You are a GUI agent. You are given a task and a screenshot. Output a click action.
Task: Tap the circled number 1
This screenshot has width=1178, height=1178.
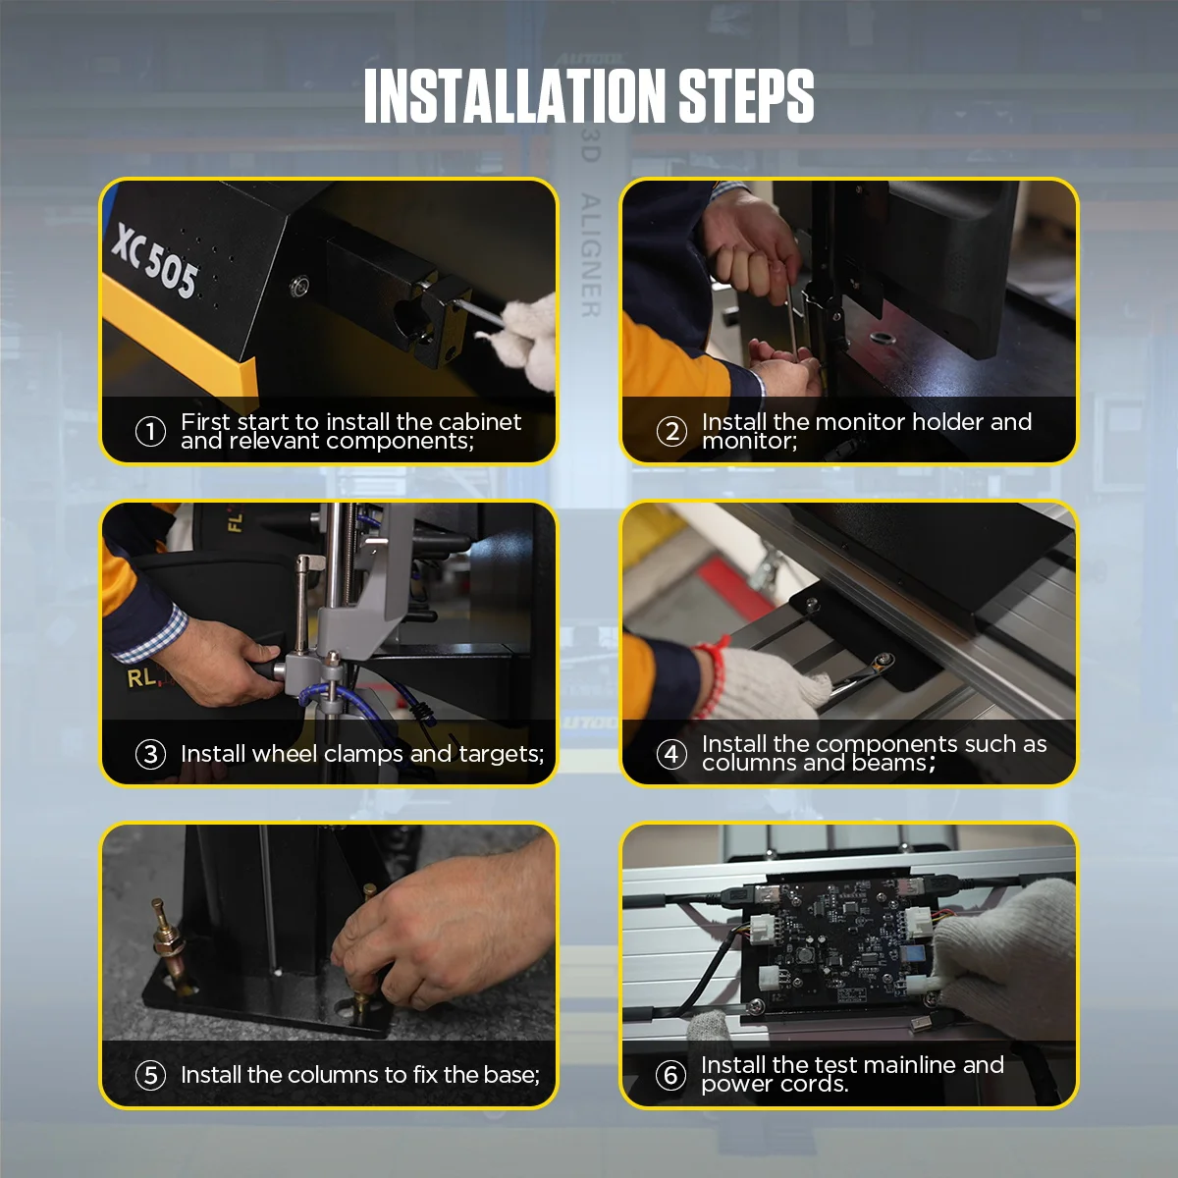[150, 431]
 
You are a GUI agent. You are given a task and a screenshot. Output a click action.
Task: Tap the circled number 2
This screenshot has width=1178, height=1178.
[671, 431]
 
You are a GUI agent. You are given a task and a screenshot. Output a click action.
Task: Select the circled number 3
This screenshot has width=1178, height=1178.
[150, 754]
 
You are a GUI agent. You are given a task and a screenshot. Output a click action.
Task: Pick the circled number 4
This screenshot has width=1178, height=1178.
[671, 754]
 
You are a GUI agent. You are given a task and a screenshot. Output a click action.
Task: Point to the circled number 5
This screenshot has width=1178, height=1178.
[150, 1075]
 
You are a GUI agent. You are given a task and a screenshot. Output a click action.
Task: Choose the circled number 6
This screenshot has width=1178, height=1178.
[671, 1075]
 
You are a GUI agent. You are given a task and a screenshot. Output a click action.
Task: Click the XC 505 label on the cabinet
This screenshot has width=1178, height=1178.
[155, 261]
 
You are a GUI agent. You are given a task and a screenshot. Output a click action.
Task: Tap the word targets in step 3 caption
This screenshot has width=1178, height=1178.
[499, 754]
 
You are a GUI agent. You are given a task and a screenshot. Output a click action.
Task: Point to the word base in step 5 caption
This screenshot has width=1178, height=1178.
[511, 1075]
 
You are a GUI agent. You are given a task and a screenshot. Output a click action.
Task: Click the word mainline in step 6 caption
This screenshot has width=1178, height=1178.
[896, 1065]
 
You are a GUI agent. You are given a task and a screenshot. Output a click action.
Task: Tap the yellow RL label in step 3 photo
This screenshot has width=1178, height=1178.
[140, 677]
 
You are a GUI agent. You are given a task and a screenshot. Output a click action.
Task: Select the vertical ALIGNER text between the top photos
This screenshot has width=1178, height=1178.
[590, 255]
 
